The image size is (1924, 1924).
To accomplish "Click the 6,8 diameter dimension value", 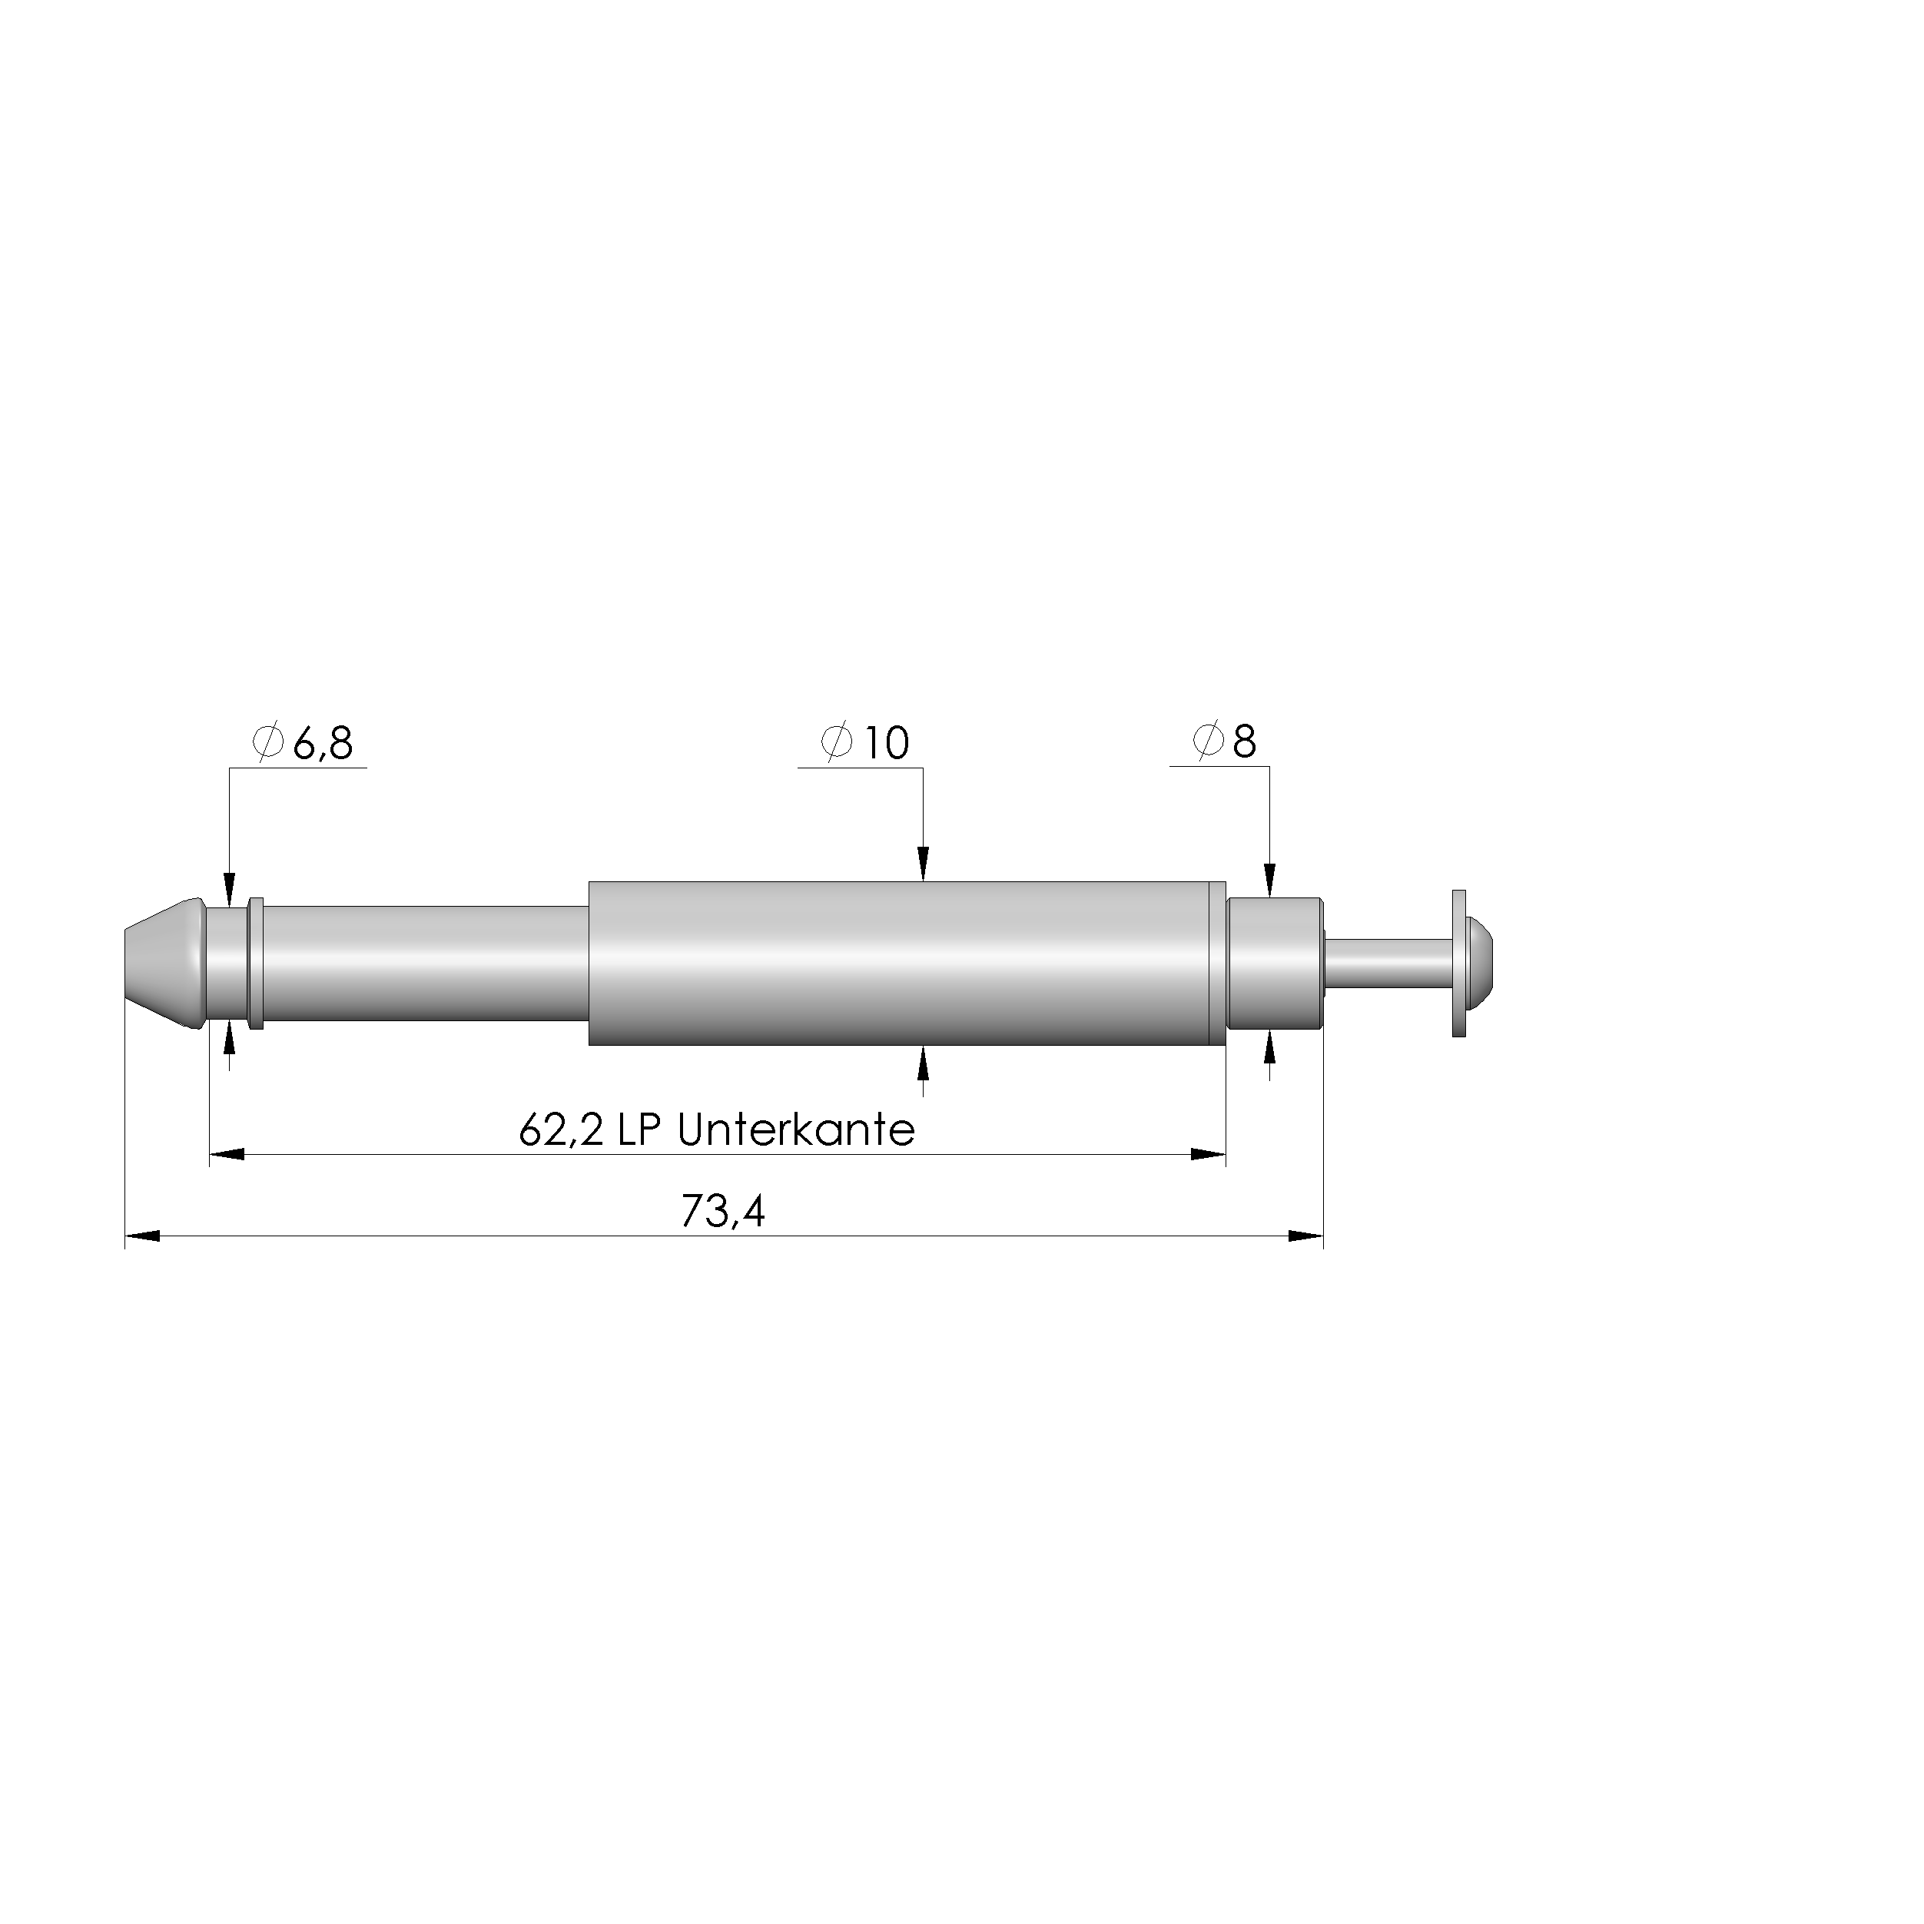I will pyautogui.click(x=323, y=744).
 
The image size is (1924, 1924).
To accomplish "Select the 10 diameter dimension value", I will pyautogui.click(x=885, y=744).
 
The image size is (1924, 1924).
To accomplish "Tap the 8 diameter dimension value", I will pyautogui.click(x=1245, y=742).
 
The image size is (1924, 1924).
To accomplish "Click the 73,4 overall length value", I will pyautogui.click(x=723, y=1212).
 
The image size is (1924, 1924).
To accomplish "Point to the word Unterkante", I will pyautogui.click(x=796, y=1130).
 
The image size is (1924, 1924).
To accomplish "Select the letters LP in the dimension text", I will pyautogui.click(x=640, y=1130).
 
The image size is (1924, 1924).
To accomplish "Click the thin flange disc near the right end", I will pyautogui.click(x=1460, y=963).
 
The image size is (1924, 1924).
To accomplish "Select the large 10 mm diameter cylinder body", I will pyautogui.click(x=896, y=963).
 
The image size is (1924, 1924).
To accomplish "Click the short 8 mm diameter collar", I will pyautogui.click(x=1275, y=963).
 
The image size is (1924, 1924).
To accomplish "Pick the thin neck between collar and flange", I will pyautogui.click(x=1389, y=963).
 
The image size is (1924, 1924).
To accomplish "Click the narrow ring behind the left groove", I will pyautogui.click(x=256, y=963).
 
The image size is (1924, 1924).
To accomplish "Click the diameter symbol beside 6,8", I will pyautogui.click(x=269, y=742).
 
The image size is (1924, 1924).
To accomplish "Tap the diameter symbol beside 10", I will pyautogui.click(x=837, y=742).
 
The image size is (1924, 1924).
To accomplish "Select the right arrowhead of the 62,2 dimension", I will pyautogui.click(x=1208, y=1154).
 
